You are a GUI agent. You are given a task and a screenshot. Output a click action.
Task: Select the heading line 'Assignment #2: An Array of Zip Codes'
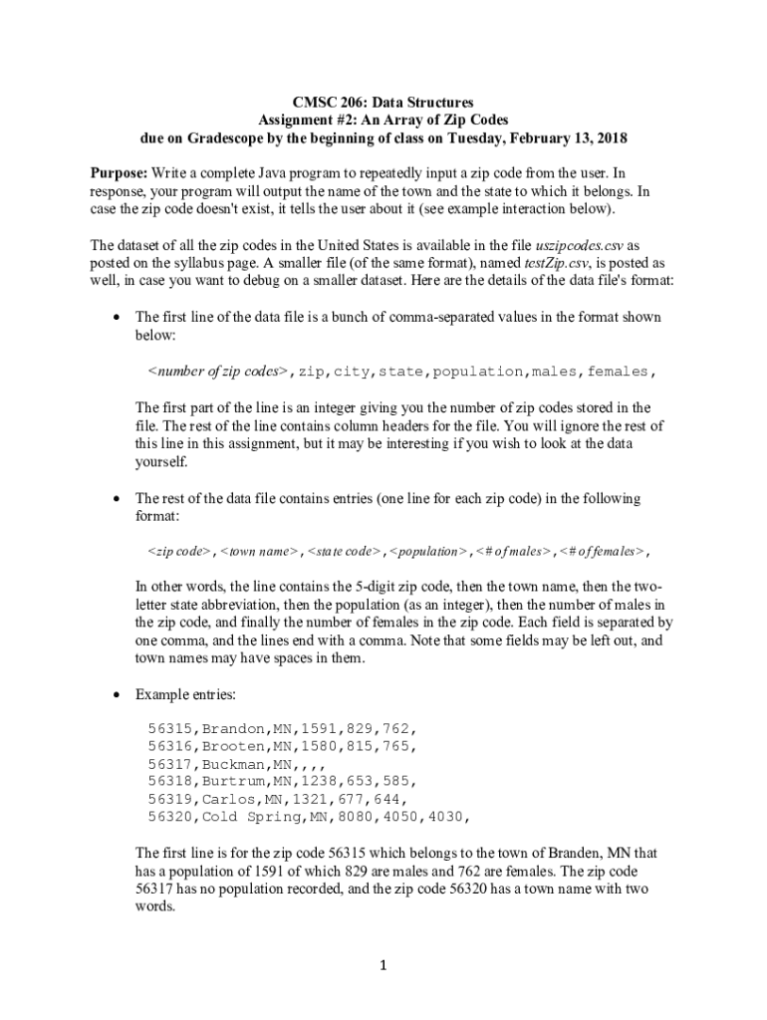[x=383, y=120]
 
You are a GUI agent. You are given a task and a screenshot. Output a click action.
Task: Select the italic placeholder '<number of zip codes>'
[x=217, y=372]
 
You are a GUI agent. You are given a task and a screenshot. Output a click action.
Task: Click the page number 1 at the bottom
[x=383, y=965]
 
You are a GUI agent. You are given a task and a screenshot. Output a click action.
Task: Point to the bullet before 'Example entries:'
[x=118, y=692]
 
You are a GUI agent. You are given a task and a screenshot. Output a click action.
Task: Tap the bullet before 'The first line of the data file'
[x=118, y=317]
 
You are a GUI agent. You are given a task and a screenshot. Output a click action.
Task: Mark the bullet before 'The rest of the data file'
[x=118, y=497]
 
